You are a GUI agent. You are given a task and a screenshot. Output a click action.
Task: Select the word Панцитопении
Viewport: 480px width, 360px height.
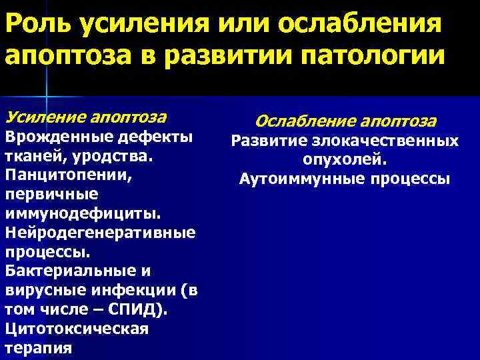(x=59, y=175)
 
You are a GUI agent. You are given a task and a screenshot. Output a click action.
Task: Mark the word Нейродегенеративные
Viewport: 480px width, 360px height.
(x=100, y=233)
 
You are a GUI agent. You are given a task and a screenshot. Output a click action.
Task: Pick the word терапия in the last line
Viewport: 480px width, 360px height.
(x=39, y=349)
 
